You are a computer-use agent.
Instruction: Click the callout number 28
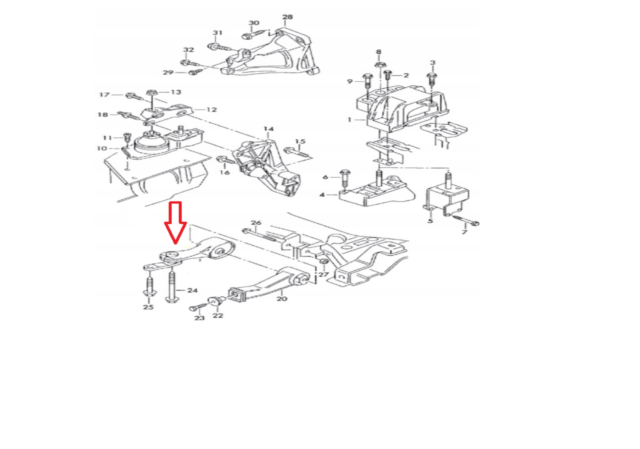click(x=288, y=17)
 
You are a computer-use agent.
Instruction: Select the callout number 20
click(x=282, y=299)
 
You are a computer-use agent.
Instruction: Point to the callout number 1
click(x=349, y=120)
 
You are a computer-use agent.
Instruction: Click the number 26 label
click(x=256, y=223)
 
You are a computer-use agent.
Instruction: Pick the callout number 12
click(x=212, y=110)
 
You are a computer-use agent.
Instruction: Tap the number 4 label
click(x=322, y=195)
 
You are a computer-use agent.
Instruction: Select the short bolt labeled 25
click(x=150, y=286)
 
